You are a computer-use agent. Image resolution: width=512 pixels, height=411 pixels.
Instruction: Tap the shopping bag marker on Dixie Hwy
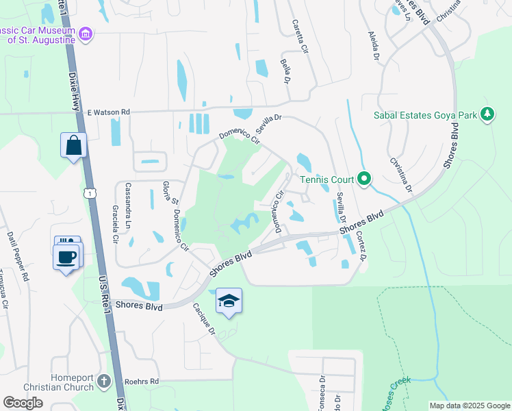pos(74,145)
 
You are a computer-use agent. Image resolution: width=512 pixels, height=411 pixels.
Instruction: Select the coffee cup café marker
pos(66,258)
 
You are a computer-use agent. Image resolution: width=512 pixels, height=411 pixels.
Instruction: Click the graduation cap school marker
pos(229,301)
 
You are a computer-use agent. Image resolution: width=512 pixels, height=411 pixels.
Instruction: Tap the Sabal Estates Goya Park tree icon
pos(487,114)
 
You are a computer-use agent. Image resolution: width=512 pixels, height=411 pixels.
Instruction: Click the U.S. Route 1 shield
pos(89,194)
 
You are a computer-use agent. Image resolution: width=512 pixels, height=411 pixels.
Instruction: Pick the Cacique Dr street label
pos(203,319)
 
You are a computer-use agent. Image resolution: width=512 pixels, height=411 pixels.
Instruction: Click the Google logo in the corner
pos(23,403)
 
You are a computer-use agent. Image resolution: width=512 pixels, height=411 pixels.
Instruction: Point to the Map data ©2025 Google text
pos(469,406)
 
